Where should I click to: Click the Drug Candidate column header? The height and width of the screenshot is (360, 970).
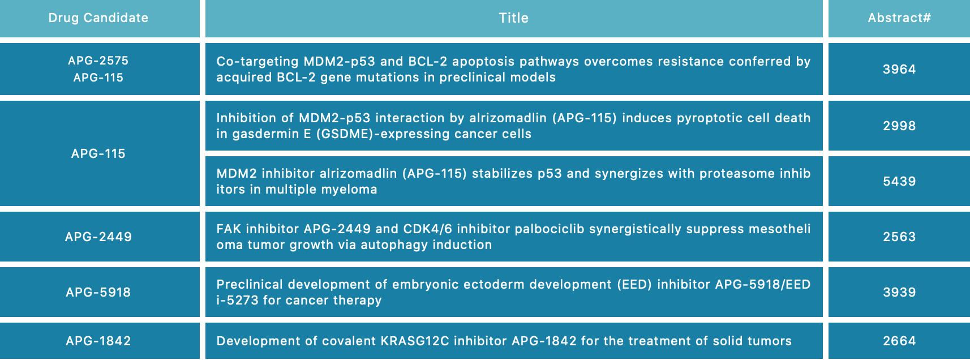pos(98,18)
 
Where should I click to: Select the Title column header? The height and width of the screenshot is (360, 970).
pos(514,18)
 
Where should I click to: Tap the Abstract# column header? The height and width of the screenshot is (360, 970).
pos(899,18)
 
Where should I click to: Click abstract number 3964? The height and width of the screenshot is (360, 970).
pos(899,69)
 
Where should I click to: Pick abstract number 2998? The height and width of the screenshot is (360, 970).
pos(899,126)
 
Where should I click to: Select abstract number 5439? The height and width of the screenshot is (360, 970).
pos(899,181)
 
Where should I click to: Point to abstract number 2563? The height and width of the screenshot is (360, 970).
pos(899,237)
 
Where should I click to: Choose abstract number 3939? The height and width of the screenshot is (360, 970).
pos(899,292)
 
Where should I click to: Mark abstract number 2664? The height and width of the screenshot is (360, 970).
pos(899,341)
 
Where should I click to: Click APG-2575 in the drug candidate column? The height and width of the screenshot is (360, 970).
pos(98,61)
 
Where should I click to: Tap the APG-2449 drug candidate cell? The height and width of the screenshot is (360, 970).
pos(98,237)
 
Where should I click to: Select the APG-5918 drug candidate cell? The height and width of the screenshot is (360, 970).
pos(98,292)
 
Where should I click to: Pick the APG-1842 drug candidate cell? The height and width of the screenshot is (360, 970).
pos(98,341)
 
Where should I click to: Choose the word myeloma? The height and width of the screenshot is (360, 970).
pos(353,190)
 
